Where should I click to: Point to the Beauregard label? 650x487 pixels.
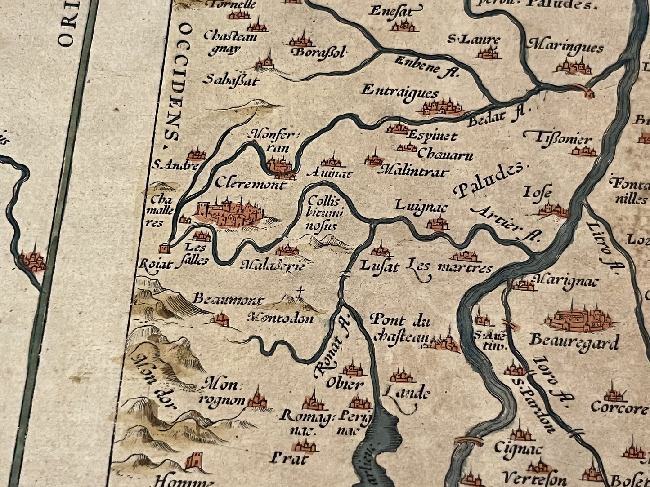pos(574,341)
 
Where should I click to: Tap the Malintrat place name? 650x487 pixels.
pos(414,172)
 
